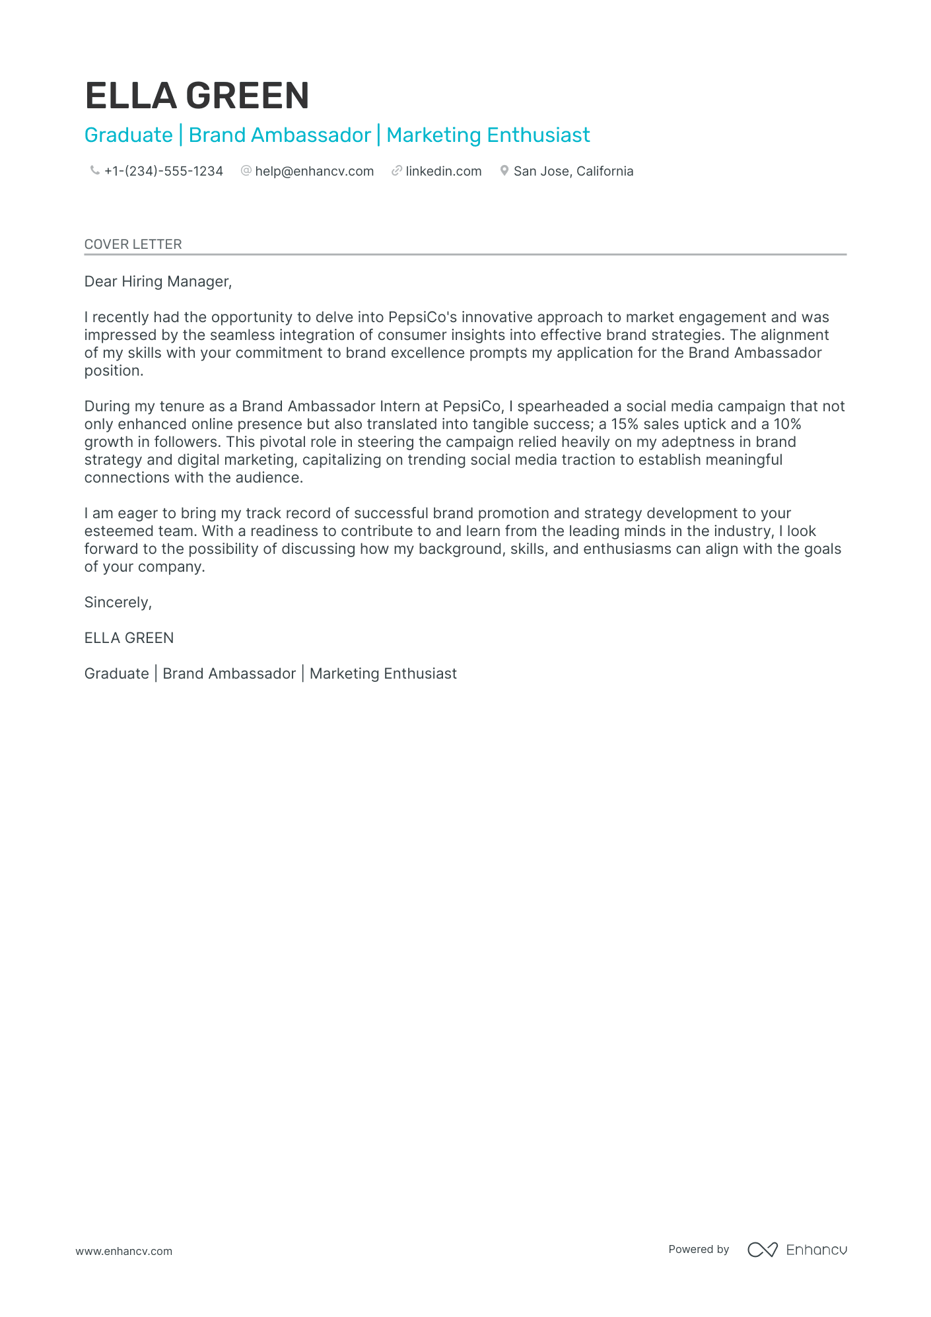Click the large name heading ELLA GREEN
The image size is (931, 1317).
click(197, 96)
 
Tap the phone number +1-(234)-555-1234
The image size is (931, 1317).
click(163, 171)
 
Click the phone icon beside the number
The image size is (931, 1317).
click(94, 170)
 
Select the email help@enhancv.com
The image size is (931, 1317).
click(314, 171)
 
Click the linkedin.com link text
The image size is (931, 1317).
click(443, 171)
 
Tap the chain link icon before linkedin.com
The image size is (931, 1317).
click(396, 170)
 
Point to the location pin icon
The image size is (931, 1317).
click(504, 170)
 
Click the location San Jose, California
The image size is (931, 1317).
click(573, 171)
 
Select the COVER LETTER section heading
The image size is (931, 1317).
click(133, 244)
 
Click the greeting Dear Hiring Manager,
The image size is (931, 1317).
click(158, 281)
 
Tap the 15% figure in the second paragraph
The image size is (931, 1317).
click(624, 424)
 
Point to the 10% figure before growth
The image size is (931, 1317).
click(787, 424)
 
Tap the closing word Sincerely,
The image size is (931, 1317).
click(118, 602)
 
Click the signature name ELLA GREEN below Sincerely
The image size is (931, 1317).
click(129, 638)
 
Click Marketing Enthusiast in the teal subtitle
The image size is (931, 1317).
click(488, 135)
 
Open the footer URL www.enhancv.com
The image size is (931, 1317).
click(123, 1251)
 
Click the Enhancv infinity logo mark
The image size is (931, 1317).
click(762, 1250)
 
